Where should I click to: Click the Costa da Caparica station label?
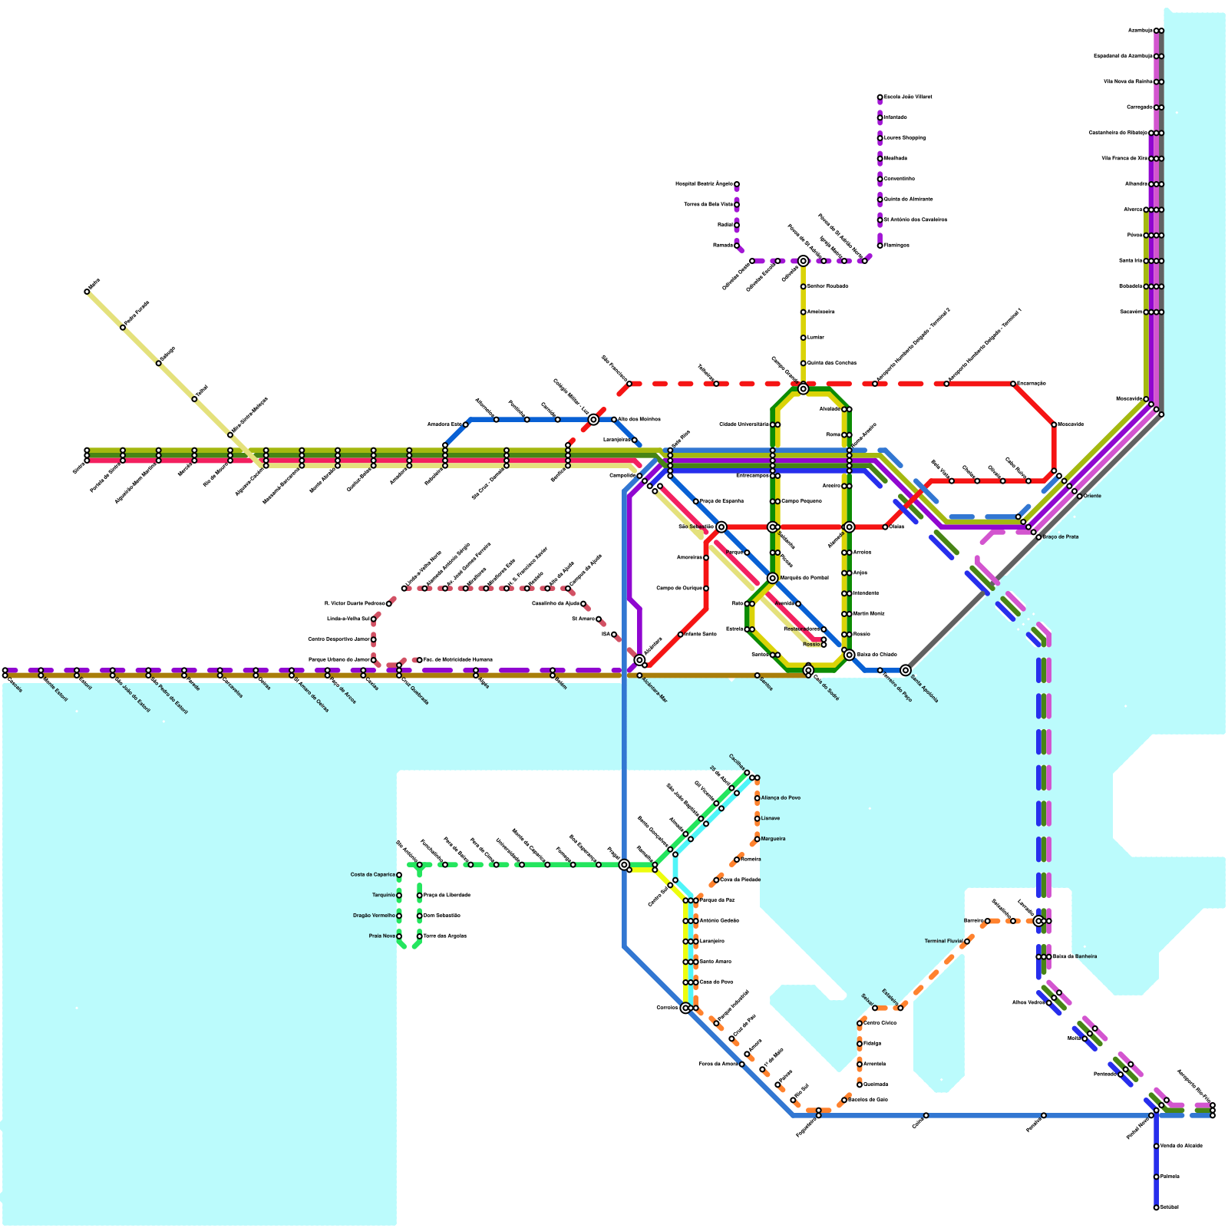(373, 875)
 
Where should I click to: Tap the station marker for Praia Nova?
(399, 936)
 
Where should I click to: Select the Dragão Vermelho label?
(374, 916)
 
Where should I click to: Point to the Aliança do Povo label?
(781, 798)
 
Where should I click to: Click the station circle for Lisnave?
(757, 819)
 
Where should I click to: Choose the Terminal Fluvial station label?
(943, 941)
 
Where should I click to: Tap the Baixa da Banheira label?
(1074, 957)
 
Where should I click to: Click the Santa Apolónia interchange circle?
(906, 670)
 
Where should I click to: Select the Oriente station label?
(1092, 497)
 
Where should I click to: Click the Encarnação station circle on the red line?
(1013, 384)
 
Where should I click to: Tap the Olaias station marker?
(885, 527)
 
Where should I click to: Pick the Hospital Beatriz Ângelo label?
(704, 184)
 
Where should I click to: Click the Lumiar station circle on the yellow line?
(803, 338)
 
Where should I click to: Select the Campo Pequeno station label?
(801, 501)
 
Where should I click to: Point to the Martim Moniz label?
(869, 614)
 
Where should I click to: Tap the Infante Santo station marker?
(681, 635)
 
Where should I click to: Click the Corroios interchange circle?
(685, 1008)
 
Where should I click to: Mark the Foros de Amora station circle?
(741, 1065)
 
